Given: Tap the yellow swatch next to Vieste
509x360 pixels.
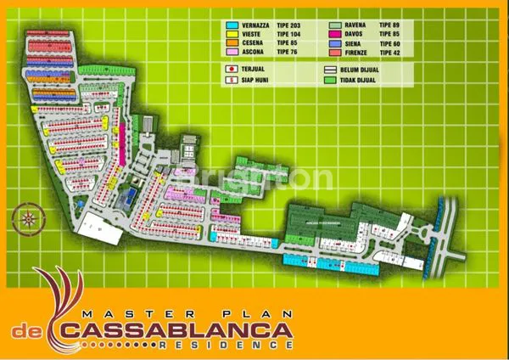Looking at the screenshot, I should [232, 35].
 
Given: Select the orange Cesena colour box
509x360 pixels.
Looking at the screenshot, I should [232, 43].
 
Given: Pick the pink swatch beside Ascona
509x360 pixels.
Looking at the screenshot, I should [232, 52].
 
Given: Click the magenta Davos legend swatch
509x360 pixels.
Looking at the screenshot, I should [333, 35].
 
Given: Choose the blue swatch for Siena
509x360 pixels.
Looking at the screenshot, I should [333, 43].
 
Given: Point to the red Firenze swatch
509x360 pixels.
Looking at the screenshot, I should [333, 52].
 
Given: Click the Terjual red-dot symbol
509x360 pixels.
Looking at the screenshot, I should [232, 70].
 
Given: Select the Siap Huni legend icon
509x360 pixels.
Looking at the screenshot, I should [232, 80].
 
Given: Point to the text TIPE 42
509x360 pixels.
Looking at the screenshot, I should [389, 52].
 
